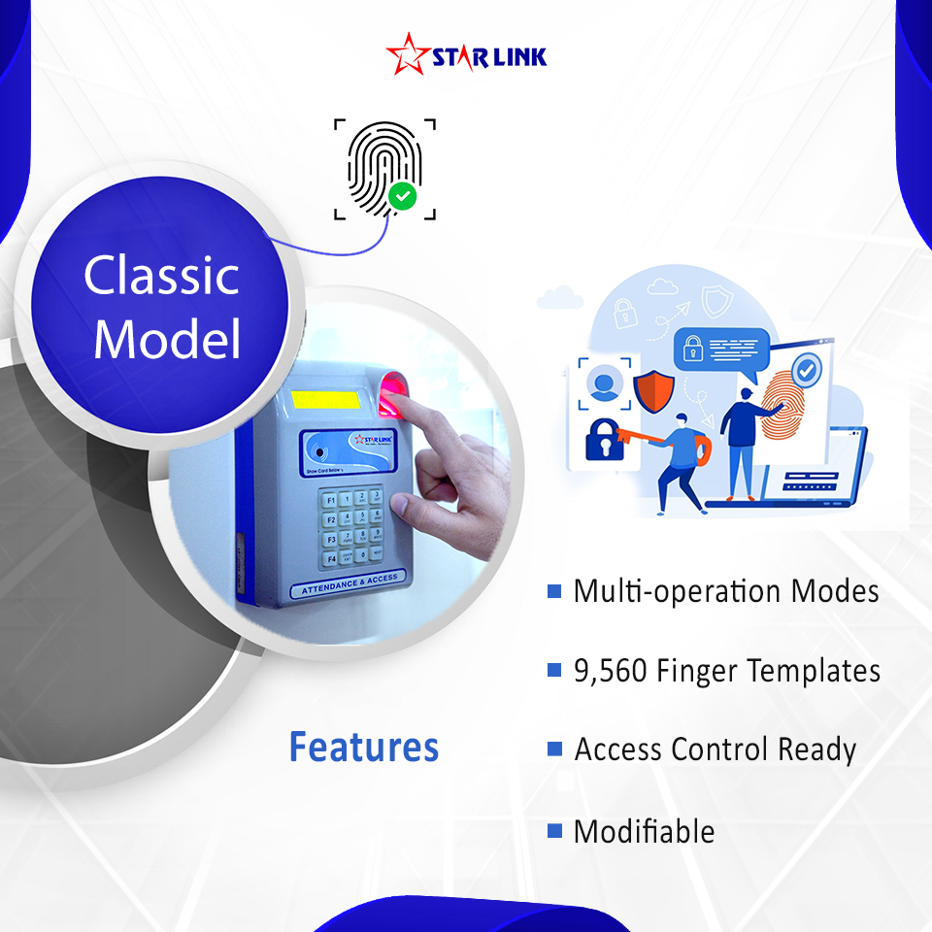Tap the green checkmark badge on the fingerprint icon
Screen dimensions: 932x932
402,197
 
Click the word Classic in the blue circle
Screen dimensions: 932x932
161,276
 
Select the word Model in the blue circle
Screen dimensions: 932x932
167,340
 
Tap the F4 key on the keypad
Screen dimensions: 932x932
330,558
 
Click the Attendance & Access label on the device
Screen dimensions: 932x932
350,584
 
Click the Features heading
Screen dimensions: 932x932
364,748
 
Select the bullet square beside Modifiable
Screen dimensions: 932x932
554,830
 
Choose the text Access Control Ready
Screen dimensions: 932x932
716,749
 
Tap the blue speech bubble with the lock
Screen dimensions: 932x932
722,349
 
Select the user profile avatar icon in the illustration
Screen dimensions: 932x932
605,385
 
